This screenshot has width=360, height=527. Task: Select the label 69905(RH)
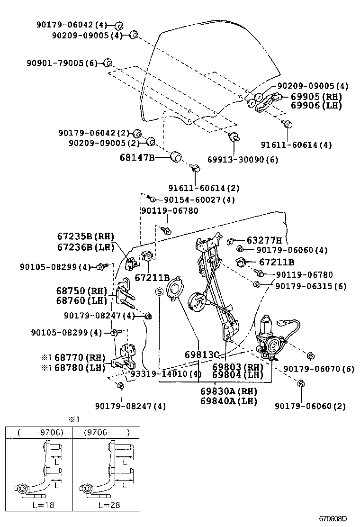(x=315, y=96)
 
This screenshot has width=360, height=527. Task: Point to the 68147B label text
(x=137, y=157)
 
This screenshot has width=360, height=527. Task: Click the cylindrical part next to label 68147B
(x=176, y=156)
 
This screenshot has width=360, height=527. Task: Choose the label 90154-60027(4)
(x=199, y=200)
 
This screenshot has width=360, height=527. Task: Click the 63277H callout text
(x=264, y=240)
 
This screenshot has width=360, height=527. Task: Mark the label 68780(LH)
(x=81, y=368)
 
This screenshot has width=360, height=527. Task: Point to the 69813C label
(x=202, y=355)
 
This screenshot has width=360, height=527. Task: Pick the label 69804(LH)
(x=237, y=375)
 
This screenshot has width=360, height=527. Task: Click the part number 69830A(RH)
(x=228, y=392)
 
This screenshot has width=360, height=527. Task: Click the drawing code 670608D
(x=332, y=519)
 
